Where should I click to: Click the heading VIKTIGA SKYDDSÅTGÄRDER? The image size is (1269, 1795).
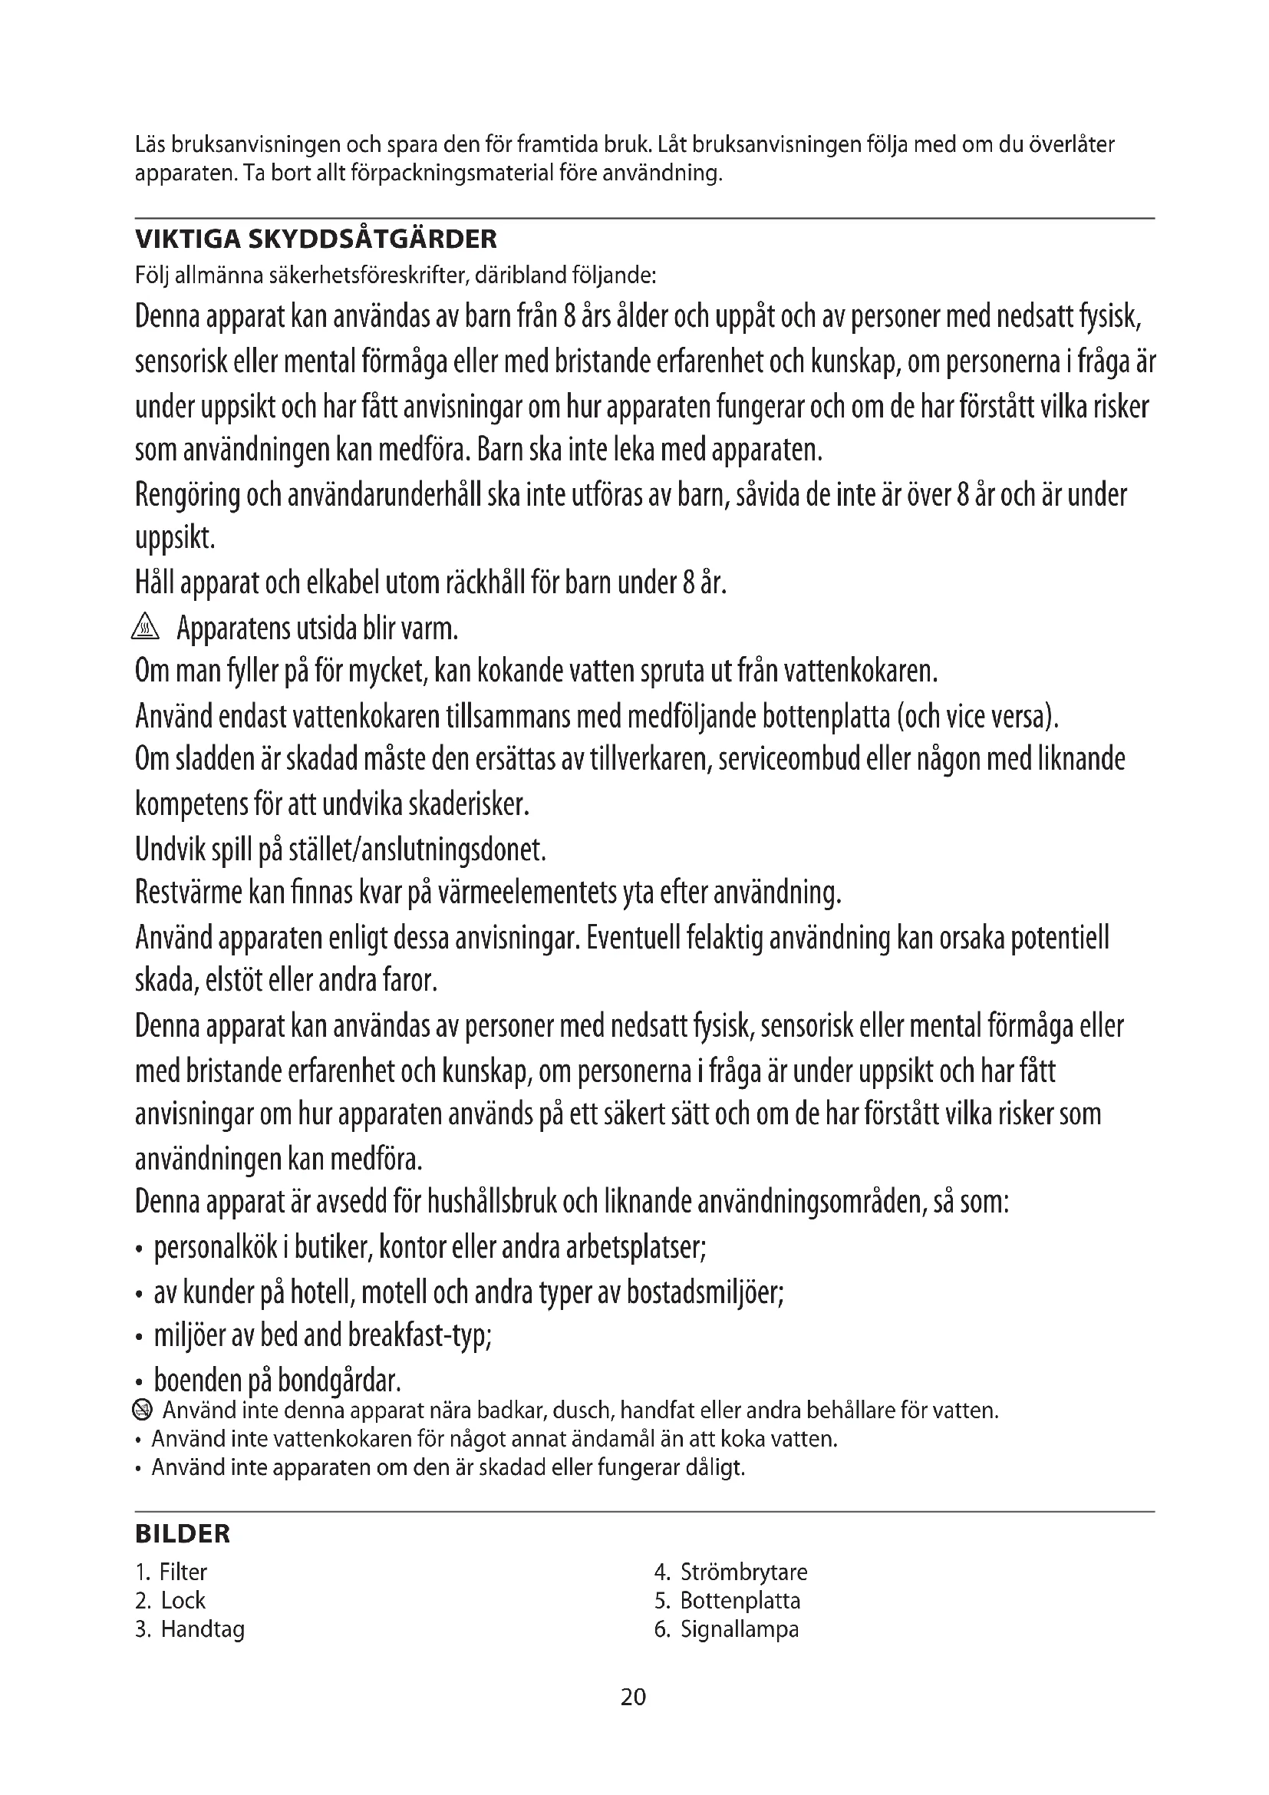(315, 239)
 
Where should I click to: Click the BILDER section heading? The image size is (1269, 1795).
(183, 1534)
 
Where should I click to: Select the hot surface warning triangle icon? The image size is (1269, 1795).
(146, 627)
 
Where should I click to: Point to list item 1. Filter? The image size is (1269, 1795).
(171, 1572)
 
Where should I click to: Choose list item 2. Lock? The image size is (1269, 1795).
(170, 1600)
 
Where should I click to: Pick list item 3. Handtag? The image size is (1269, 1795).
(190, 1629)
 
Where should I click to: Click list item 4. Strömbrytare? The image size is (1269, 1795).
(730, 1572)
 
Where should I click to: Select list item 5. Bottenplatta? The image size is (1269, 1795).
(727, 1600)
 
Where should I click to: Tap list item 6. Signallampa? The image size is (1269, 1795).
(727, 1629)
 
